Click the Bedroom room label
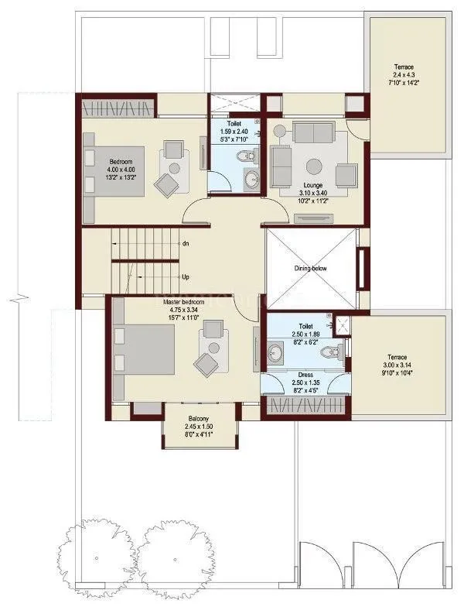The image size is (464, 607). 123,161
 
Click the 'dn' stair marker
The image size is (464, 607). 186,244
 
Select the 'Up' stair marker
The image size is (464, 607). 186,276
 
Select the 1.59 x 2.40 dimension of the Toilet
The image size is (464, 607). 234,131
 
